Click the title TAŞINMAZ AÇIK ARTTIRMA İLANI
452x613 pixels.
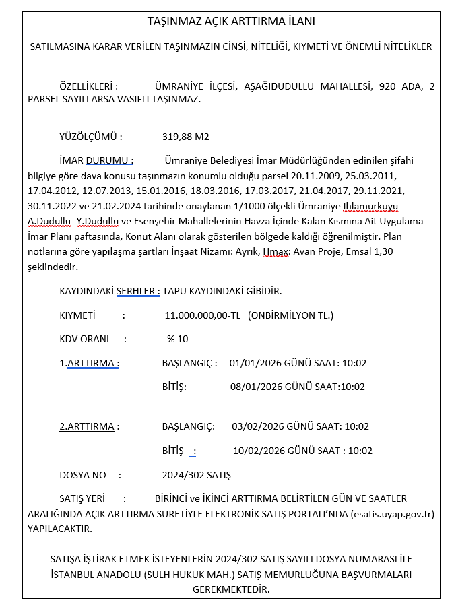pyautogui.click(x=231, y=21)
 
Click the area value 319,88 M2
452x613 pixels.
pyautogui.click(x=186, y=137)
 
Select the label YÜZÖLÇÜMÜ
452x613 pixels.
pyautogui.click(x=91, y=137)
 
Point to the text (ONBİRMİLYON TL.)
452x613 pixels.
pyautogui.click(x=290, y=315)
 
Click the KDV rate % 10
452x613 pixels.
pyautogui.click(x=178, y=338)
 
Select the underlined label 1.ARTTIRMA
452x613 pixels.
pyautogui.click(x=90, y=363)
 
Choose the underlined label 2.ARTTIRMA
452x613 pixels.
pyautogui.click(x=90, y=426)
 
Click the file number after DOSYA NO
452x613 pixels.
pyautogui.click(x=196, y=475)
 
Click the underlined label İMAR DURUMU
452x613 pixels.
pyautogui.click(x=96, y=160)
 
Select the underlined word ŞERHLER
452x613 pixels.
pyautogui.click(x=138, y=291)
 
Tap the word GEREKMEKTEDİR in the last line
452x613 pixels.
pyautogui.click(x=231, y=589)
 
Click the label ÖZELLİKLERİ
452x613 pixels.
pyautogui.click(x=89, y=86)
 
